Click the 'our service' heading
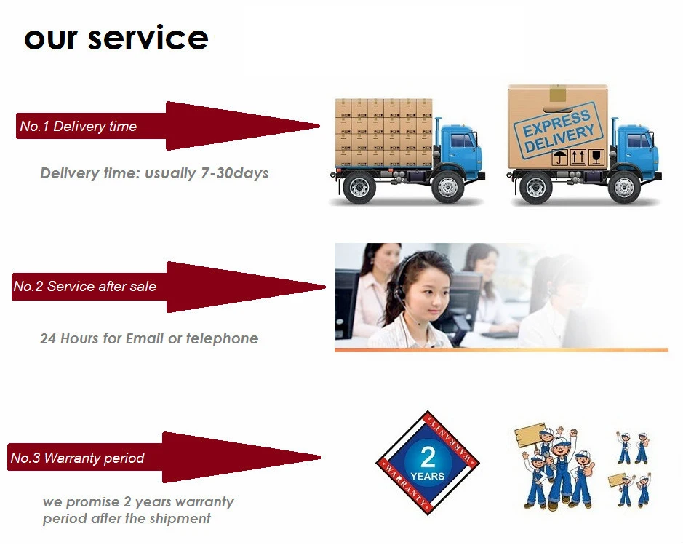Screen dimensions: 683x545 [x=116, y=37]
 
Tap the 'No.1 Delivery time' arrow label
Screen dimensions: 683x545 [x=79, y=127]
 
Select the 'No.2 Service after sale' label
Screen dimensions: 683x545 [x=84, y=287]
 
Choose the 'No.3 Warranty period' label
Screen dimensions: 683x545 [x=77, y=458]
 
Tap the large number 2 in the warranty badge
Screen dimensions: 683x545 [x=428, y=457]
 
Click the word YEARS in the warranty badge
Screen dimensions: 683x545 [x=428, y=477]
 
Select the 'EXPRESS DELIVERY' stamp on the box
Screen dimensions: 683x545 [x=558, y=129]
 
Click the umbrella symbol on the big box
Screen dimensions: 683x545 [x=558, y=156]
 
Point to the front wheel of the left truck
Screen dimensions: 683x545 [x=447, y=188]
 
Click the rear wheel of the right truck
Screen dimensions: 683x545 [x=537, y=187]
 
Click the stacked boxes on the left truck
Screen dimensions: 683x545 [x=383, y=132]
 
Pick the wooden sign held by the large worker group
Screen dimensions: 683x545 [x=529, y=435]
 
